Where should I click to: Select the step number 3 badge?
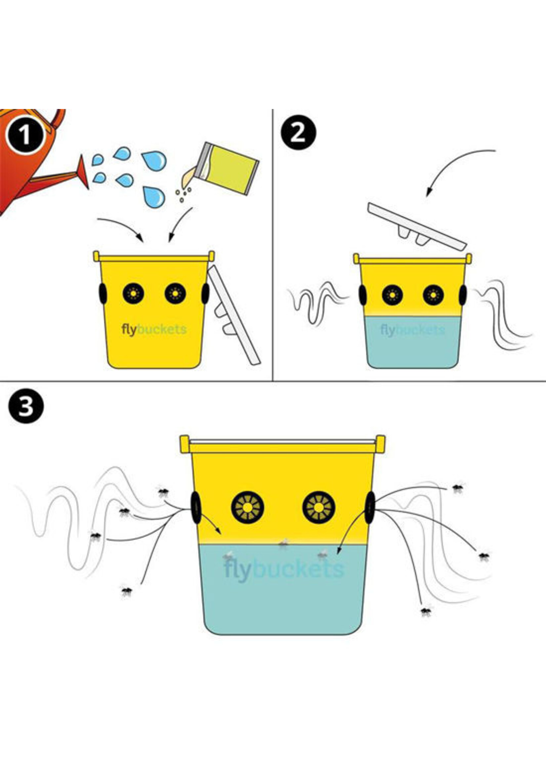pyautogui.click(x=25, y=406)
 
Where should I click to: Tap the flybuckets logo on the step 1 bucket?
pyautogui.click(x=154, y=329)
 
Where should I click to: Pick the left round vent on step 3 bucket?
pyautogui.click(x=248, y=508)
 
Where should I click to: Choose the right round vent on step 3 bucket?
pyautogui.click(x=318, y=508)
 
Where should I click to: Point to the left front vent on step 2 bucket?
pyautogui.click(x=392, y=295)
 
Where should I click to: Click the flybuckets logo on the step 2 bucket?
pyautogui.click(x=412, y=330)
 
